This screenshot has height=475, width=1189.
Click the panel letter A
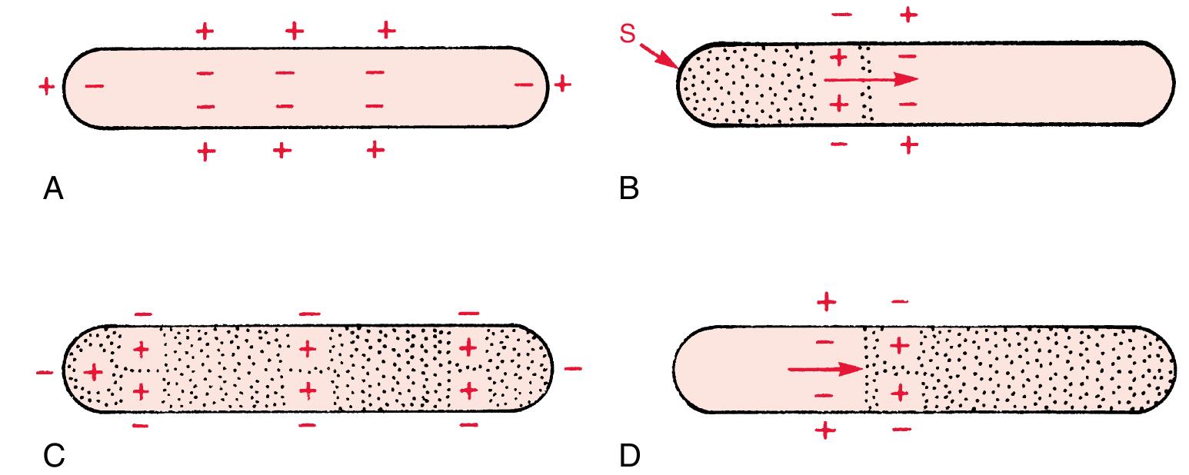[x=53, y=189]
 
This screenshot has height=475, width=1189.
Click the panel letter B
[x=629, y=189]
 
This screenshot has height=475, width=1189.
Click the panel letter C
[x=54, y=455]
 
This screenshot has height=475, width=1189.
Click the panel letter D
[x=630, y=456]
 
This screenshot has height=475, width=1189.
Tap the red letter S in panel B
[x=628, y=34]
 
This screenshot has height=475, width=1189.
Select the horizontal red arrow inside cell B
[x=871, y=80]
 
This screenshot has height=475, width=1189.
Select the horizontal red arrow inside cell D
[x=824, y=369]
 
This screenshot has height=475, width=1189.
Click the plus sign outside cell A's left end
[x=47, y=87]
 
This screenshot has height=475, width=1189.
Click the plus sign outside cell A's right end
[x=563, y=84]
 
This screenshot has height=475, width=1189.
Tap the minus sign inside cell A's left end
[x=95, y=85]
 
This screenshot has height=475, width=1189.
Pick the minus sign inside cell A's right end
[x=524, y=84]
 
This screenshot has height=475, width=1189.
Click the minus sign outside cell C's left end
[x=45, y=373]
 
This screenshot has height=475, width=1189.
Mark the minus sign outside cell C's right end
[x=573, y=368]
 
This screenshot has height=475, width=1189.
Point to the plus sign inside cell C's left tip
[x=93, y=371]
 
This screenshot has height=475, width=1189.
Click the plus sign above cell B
[x=909, y=15]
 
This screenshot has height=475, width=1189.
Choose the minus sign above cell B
[x=842, y=15]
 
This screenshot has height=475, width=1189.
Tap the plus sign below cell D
[x=825, y=430]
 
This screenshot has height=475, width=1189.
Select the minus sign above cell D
[x=901, y=301]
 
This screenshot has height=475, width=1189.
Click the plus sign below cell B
[x=909, y=144]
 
